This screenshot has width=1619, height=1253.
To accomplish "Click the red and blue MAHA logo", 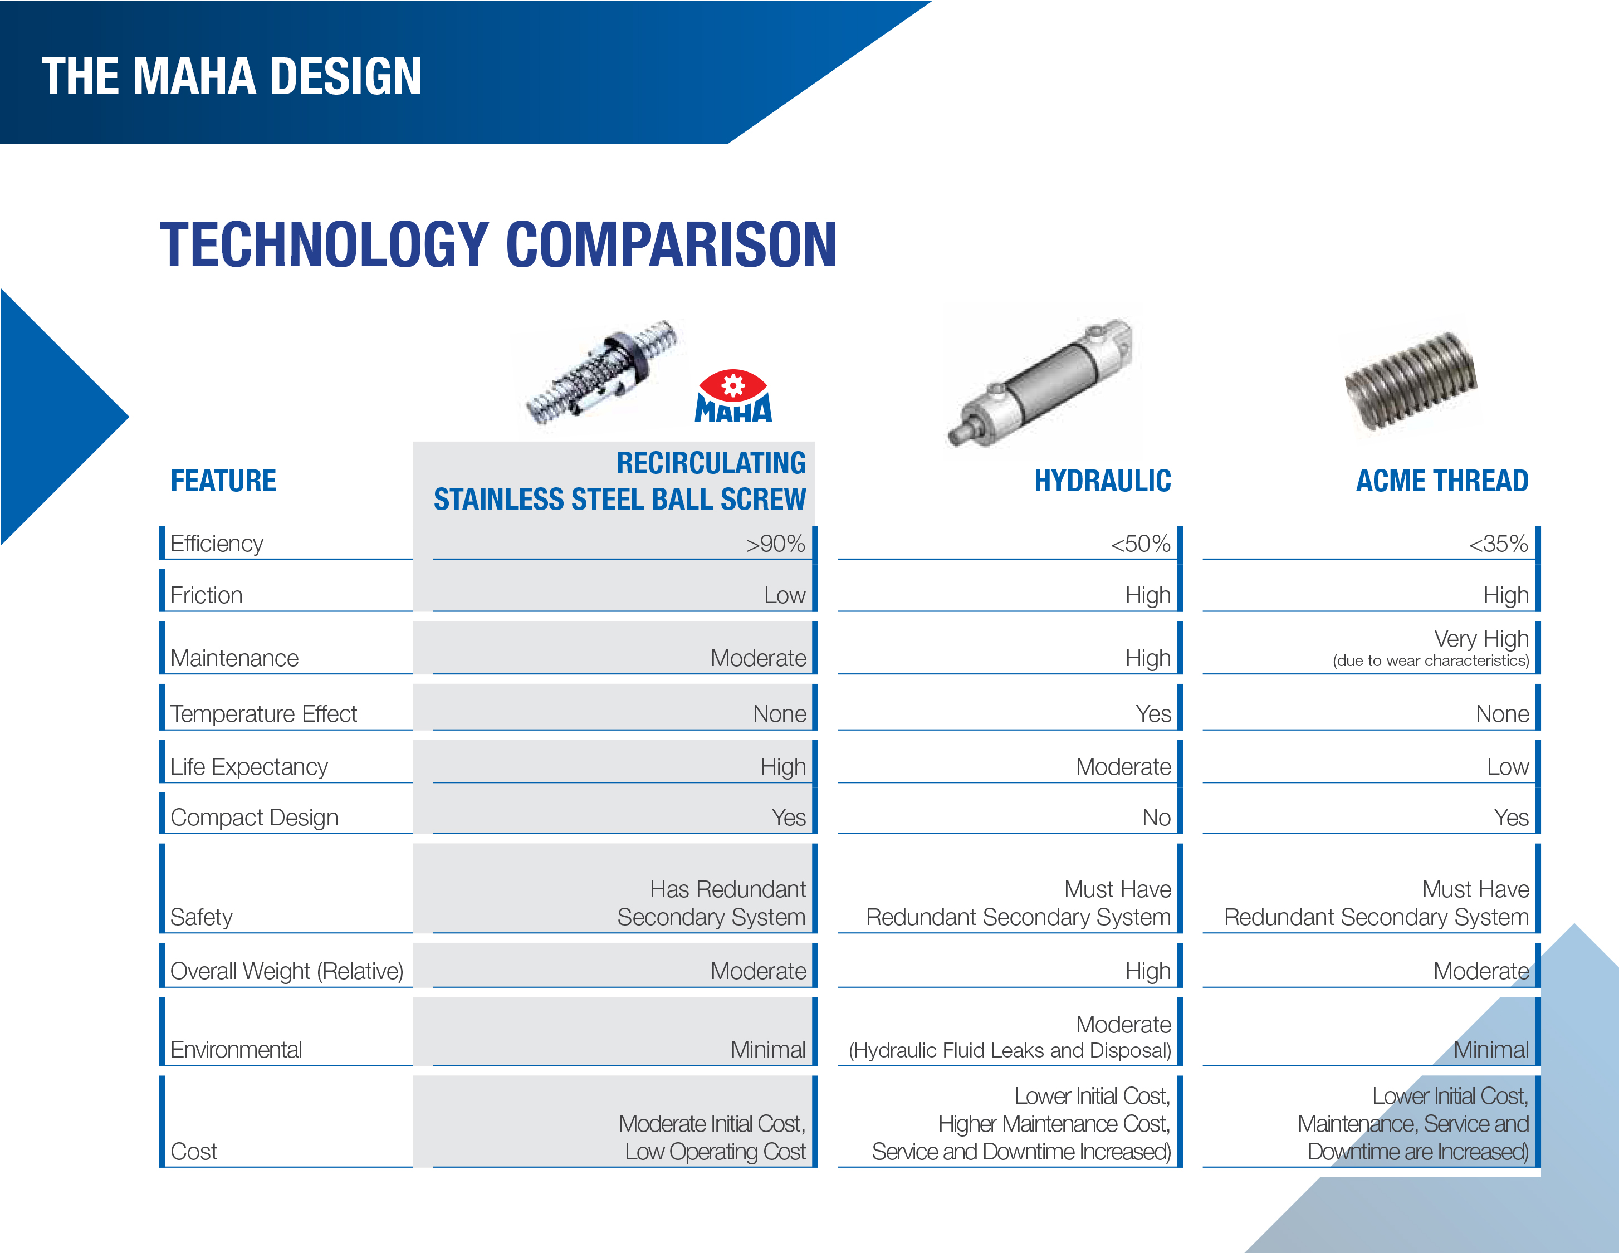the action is click(733, 396).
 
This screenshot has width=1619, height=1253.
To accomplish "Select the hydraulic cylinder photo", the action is click(1039, 382).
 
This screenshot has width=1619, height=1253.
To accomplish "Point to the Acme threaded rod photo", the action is click(1411, 381).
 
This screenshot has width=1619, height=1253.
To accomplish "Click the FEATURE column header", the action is click(223, 481).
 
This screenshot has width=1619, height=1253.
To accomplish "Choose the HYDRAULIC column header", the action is click(1102, 481).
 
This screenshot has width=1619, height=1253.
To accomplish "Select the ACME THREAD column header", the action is click(1442, 481).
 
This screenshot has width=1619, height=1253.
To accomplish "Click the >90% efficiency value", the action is click(775, 544).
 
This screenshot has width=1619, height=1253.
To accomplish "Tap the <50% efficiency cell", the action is click(1140, 544).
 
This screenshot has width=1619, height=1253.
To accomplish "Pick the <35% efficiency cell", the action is click(1498, 544).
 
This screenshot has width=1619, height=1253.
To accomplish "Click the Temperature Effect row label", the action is click(263, 713).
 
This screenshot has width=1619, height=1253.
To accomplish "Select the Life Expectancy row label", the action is click(249, 767).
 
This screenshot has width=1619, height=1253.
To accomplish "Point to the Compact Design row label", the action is click(255, 817).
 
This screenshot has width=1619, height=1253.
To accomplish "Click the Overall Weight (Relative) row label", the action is click(287, 971).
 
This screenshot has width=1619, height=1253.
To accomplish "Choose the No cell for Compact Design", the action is click(1156, 817).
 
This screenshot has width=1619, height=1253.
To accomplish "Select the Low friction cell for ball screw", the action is click(784, 595).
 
